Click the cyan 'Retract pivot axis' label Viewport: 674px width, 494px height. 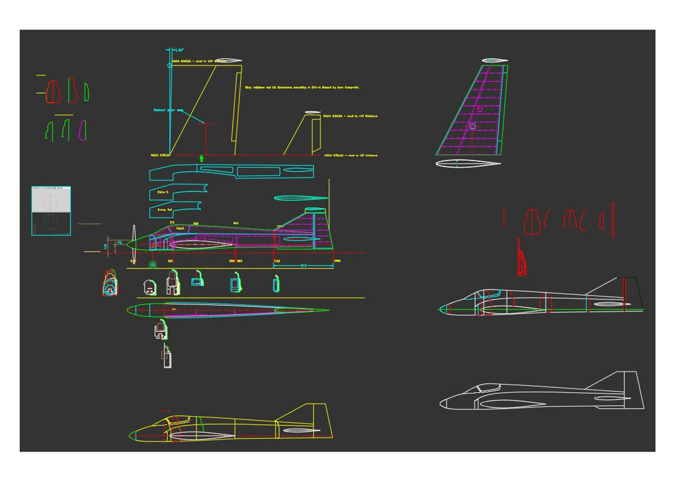click(x=168, y=110)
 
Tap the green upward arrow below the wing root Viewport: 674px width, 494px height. click(x=201, y=159)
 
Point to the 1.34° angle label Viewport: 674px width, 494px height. click(x=179, y=50)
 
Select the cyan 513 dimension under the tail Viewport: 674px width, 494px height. click(x=303, y=266)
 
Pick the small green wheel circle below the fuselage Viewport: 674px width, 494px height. click(x=152, y=265)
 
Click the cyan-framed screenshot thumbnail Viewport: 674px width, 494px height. click(x=51, y=211)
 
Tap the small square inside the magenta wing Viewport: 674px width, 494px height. click(x=472, y=126)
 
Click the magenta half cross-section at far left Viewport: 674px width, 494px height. click(x=82, y=130)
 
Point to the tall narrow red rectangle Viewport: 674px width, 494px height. click(x=613, y=219)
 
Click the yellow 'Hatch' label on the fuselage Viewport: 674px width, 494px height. click(x=180, y=228)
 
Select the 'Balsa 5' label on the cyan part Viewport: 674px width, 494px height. click(x=163, y=192)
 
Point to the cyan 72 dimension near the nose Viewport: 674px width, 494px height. click(x=120, y=243)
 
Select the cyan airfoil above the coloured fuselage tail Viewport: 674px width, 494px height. click(x=301, y=198)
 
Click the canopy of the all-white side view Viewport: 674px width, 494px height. click(x=488, y=388)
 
